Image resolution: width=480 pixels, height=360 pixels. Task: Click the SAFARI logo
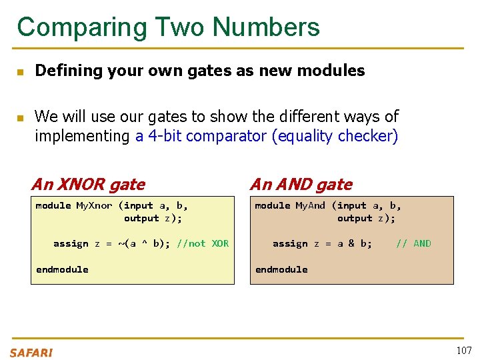pos(31,353)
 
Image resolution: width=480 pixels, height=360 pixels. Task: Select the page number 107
pos(463,351)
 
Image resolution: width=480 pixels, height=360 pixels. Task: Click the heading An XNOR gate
pos(88,184)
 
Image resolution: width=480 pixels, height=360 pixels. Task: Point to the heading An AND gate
pos(301,184)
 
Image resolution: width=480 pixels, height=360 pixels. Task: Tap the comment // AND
pos(413,243)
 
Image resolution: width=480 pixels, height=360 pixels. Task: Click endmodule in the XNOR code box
pos(62,269)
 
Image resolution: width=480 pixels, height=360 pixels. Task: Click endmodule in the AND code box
pos(281,269)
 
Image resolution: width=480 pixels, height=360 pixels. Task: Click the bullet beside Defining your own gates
pos(21,71)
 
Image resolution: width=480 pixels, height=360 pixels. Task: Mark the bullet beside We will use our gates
pos(21,117)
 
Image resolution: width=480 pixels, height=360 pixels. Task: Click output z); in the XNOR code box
pos(153,218)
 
